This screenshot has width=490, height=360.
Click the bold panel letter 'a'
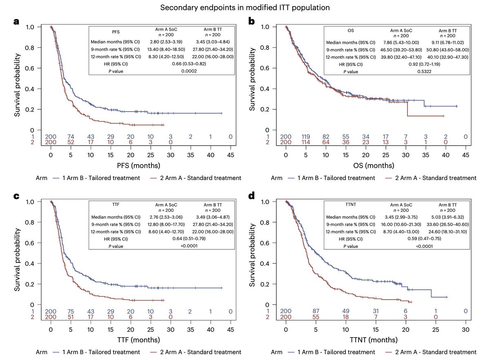(x=16, y=22)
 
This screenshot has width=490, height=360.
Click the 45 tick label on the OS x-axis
(x=466, y=156)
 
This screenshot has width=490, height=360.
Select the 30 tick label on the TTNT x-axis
(x=466, y=330)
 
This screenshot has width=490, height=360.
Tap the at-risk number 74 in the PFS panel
(x=71, y=136)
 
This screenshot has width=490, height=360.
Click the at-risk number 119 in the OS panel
(x=306, y=136)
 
